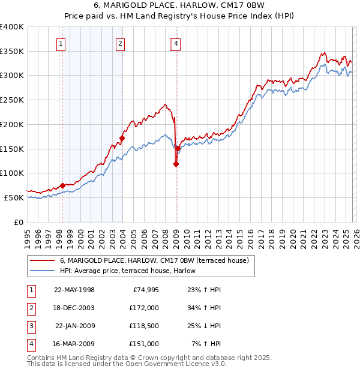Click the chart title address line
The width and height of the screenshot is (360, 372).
(x=181, y=7)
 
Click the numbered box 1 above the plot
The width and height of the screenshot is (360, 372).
(x=62, y=43)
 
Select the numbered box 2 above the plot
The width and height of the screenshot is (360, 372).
(x=121, y=43)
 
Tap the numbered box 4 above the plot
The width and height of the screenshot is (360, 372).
(x=176, y=43)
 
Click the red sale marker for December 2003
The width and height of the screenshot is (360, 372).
(x=122, y=139)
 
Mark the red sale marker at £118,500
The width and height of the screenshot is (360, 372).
(x=176, y=164)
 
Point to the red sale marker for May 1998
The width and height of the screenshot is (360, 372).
(x=62, y=186)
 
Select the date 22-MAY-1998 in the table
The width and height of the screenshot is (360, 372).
(x=74, y=290)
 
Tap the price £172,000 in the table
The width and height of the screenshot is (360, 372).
(x=144, y=308)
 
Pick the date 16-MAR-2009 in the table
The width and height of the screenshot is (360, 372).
(x=74, y=344)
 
